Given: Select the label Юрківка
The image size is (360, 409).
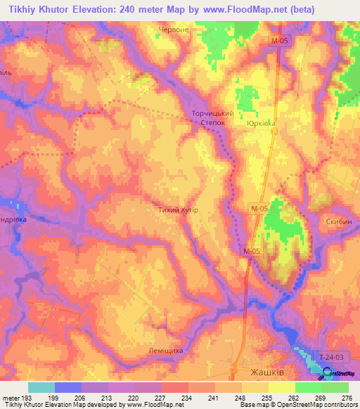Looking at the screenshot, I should point(262,123).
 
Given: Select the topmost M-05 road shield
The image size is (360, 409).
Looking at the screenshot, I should point(279,41).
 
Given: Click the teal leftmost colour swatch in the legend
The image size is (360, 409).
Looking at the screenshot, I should point(41,387).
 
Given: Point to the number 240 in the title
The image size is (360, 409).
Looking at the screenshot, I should point(120,10).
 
